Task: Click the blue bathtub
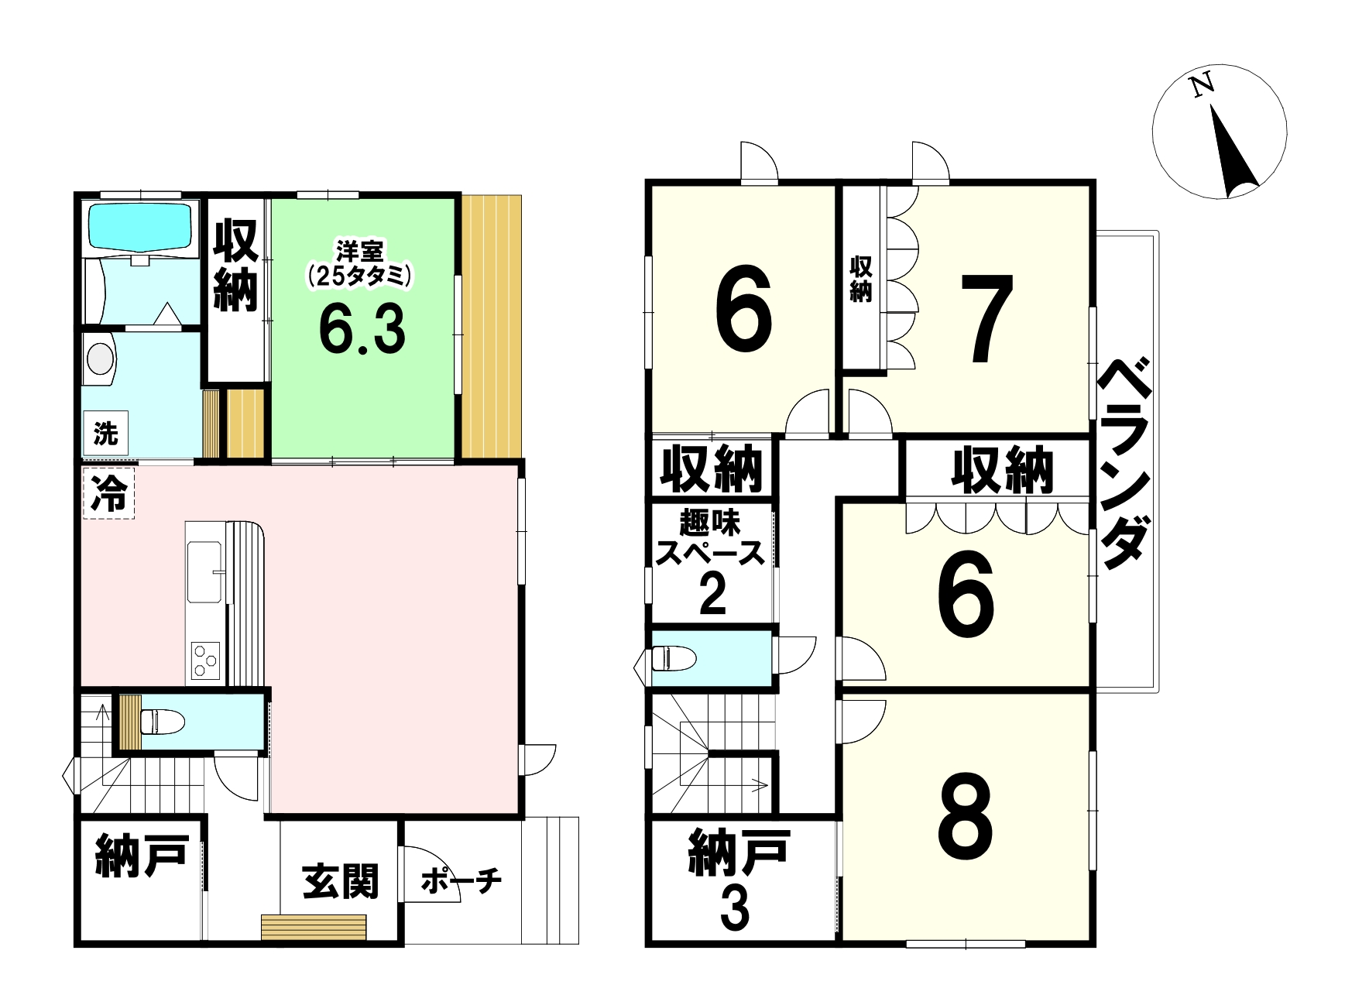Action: [x=140, y=226]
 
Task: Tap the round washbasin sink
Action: [x=100, y=359]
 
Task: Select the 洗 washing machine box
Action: [x=105, y=434]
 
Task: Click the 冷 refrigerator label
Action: [x=109, y=492]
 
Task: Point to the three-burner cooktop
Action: [x=205, y=660]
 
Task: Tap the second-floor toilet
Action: [x=674, y=658]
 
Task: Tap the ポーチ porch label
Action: [x=461, y=880]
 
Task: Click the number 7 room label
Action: [x=986, y=319]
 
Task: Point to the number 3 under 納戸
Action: [x=735, y=909]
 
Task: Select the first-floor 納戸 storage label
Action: [x=142, y=855]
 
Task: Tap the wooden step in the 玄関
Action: [x=314, y=927]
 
